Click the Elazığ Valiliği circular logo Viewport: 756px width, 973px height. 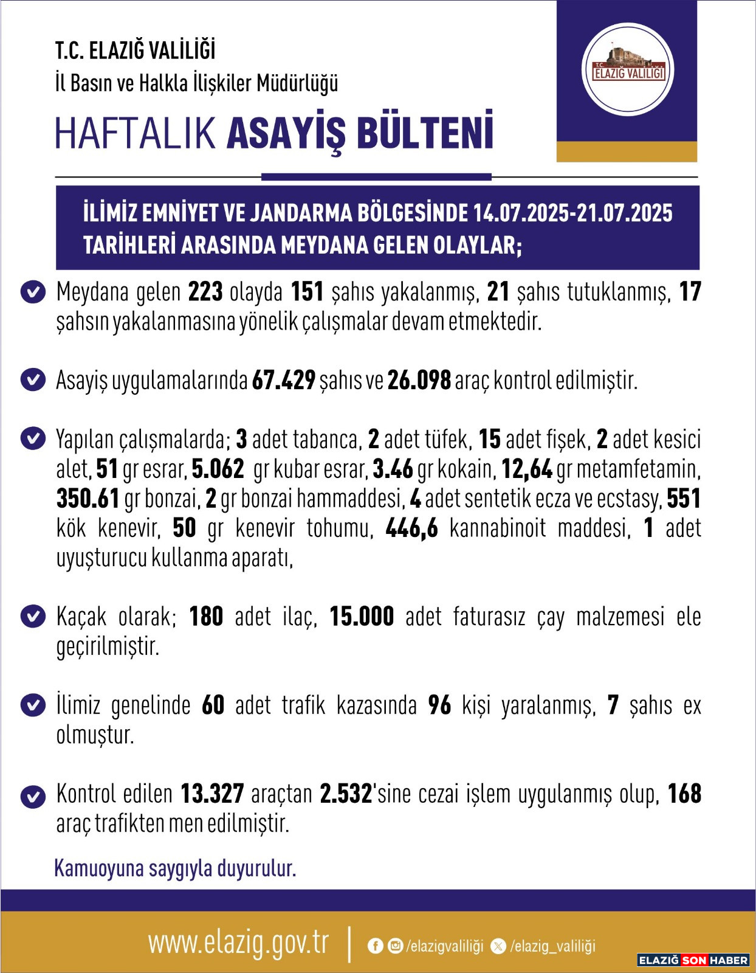[628, 69]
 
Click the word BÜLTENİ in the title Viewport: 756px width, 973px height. [425, 132]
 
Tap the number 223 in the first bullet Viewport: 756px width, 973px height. [205, 292]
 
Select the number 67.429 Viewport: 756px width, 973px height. [283, 381]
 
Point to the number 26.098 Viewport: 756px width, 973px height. [419, 381]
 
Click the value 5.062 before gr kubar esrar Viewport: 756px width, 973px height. [218, 469]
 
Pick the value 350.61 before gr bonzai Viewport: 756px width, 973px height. [88, 499]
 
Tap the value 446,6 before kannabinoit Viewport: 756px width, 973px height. [411, 528]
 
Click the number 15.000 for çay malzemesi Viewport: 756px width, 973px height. [362, 617]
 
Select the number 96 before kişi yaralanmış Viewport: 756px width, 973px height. [439, 705]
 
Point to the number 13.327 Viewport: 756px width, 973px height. [212, 794]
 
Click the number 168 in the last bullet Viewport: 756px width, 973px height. [684, 794]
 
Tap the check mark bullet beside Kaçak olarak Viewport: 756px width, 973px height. [33, 616]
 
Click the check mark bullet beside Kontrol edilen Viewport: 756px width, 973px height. [33, 796]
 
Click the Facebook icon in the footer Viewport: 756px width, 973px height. [376, 946]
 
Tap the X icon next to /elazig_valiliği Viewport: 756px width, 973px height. [498, 946]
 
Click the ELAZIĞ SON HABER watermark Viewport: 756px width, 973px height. [693, 960]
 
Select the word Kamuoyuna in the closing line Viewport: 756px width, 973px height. [99, 868]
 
